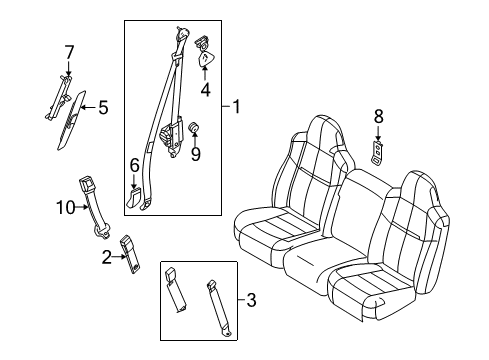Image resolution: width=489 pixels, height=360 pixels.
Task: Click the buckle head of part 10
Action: click(x=86, y=186)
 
